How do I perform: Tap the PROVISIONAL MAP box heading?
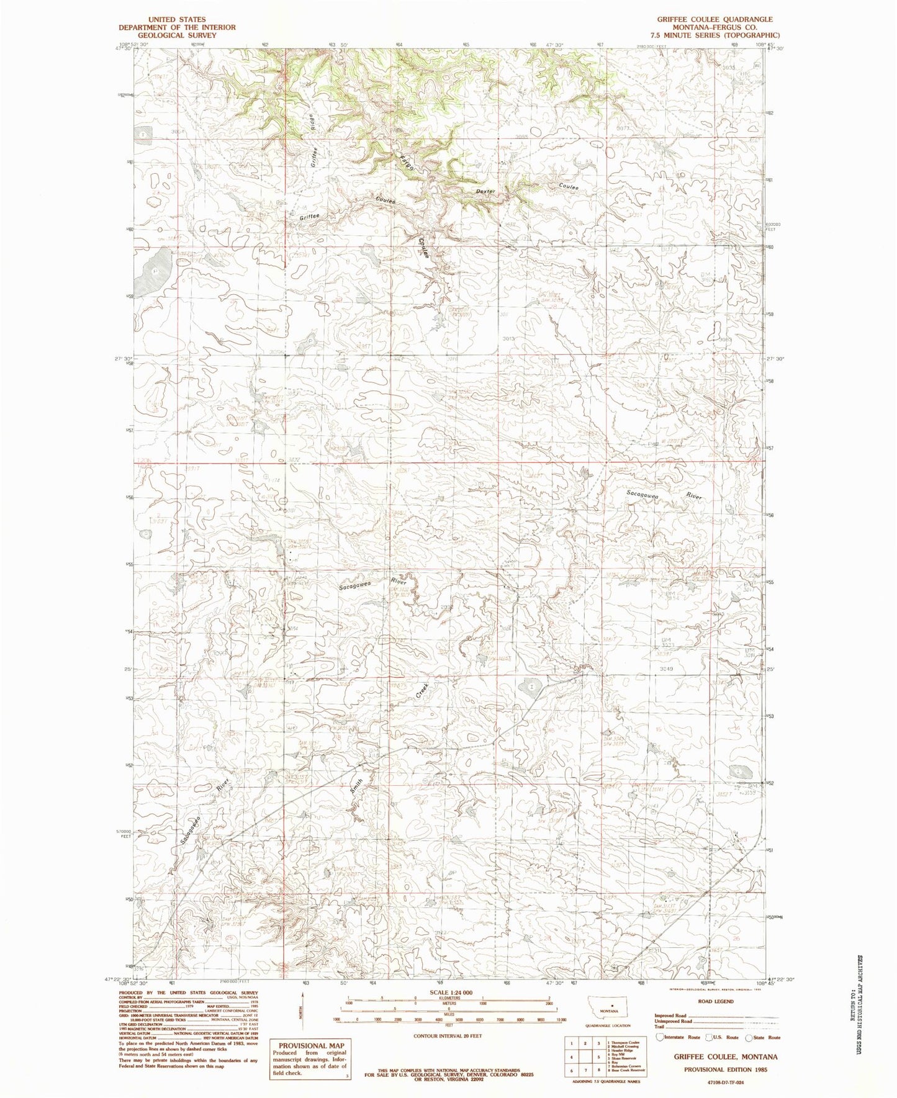click(x=307, y=1046)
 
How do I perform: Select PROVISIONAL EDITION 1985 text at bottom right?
click(x=725, y=1069)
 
